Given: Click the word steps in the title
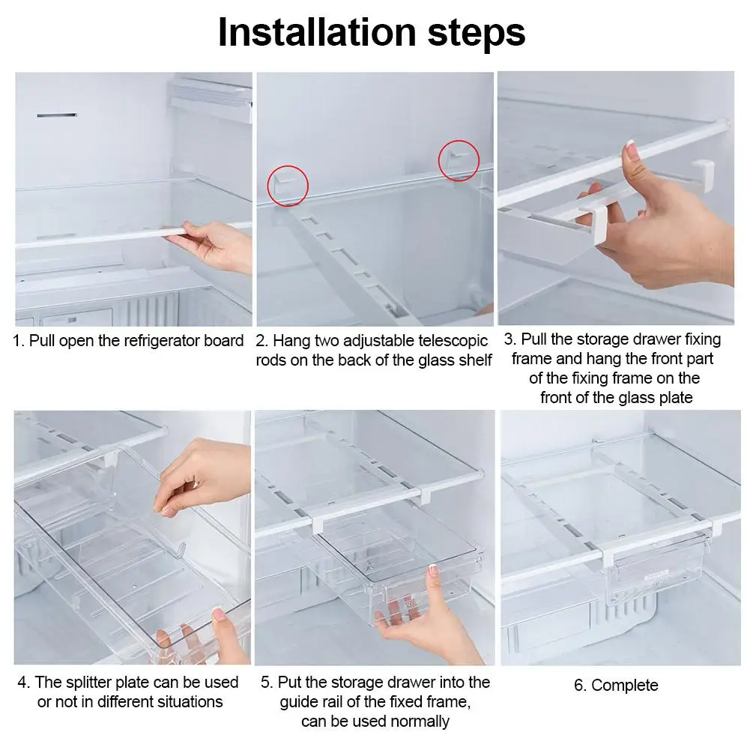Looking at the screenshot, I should pos(471,34).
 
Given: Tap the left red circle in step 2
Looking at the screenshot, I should pos(288,185).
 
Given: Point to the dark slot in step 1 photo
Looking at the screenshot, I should pos(56,116).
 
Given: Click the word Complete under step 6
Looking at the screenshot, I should pos(625,685).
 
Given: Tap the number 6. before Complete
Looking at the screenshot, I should pos(581,685).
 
